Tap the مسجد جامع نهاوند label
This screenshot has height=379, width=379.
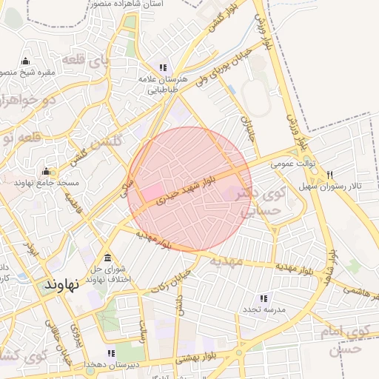tap(44, 181)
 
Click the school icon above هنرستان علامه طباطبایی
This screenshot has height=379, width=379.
tap(164, 67)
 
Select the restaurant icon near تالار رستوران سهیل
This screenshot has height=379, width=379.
tap(329, 175)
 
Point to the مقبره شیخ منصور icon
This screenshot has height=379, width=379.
tap(27, 61)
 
